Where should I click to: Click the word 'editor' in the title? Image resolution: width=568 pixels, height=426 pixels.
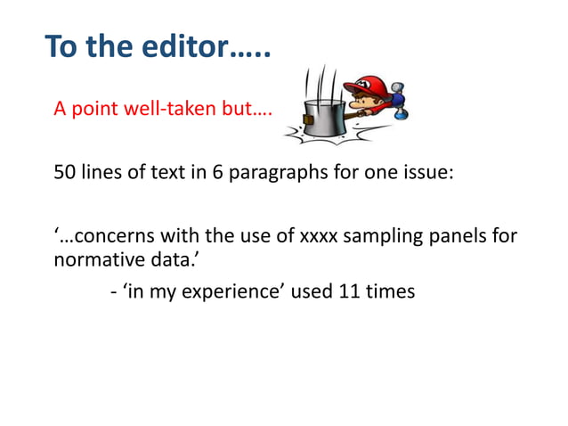click(185, 45)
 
